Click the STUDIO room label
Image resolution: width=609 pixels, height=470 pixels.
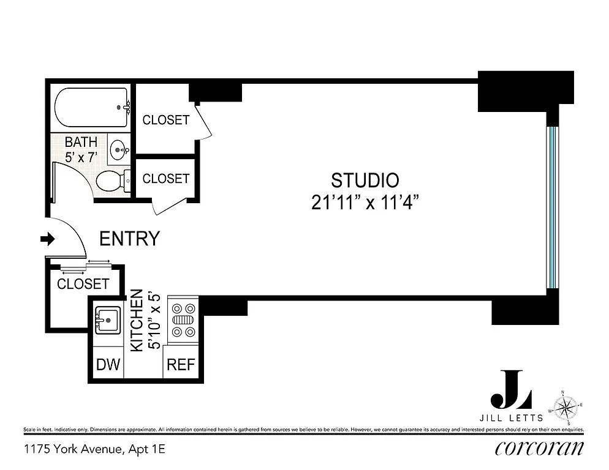click(365, 181)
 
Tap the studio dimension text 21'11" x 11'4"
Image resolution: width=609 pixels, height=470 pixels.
click(365, 203)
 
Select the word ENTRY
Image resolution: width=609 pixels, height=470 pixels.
click(129, 239)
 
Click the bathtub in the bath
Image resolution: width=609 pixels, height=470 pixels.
click(91, 108)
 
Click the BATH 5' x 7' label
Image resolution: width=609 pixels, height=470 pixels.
click(81, 149)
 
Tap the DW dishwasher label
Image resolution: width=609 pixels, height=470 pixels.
click(108, 365)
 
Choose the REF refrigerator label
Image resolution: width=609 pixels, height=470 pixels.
click(181, 365)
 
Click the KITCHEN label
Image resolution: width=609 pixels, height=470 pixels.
click(137, 320)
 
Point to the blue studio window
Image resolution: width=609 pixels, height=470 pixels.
click(552, 207)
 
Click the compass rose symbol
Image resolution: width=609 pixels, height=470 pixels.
click(567, 405)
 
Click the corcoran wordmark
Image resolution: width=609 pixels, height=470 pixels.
click(539, 449)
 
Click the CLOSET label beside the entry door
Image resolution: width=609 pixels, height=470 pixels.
click(83, 284)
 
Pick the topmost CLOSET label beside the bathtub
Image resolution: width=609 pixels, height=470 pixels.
click(165, 120)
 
